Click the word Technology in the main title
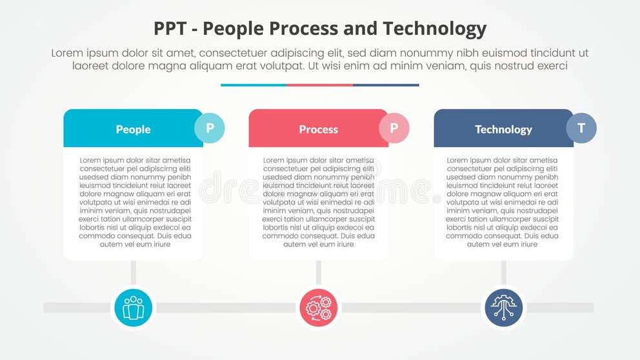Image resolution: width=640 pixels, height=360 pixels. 435,29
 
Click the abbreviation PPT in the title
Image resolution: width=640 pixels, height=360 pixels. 171,29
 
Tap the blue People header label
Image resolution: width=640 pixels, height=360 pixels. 133,129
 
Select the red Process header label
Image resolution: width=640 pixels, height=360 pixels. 318,129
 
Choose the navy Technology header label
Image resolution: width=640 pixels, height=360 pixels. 503,129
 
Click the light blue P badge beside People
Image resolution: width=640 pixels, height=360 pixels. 210,128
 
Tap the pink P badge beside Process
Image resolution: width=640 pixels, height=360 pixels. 394,128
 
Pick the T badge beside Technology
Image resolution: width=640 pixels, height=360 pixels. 581,128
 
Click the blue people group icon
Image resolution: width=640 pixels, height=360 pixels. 134,308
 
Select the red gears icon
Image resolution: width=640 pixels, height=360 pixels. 318,308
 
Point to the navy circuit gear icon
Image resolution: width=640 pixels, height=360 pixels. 504,308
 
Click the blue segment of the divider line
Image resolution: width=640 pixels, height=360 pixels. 254,85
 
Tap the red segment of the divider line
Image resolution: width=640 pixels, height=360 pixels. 320,85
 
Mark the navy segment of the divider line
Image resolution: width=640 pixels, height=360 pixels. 386,85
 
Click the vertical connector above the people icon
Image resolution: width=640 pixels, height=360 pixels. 134,272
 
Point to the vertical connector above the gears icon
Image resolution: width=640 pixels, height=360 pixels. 318,272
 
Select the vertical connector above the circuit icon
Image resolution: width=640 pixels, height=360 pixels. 504,272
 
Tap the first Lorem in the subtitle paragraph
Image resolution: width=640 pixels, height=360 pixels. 70,54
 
